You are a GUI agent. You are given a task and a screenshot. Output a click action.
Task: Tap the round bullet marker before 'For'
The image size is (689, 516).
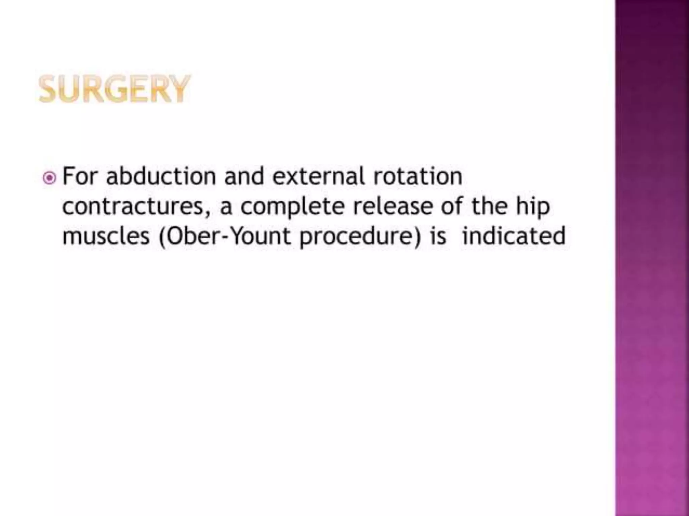[x=49, y=178]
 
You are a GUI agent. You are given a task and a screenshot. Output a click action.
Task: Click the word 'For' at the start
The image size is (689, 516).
[x=80, y=176]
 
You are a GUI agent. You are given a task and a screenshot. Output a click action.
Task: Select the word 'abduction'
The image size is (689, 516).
[x=161, y=176]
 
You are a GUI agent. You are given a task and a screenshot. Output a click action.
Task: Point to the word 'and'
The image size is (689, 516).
[x=244, y=176]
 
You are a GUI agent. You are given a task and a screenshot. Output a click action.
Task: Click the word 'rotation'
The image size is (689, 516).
[x=418, y=176]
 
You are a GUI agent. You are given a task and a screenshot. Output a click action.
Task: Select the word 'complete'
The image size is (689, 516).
[x=292, y=207]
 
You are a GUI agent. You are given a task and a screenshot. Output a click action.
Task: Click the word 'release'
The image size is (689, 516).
[x=393, y=206]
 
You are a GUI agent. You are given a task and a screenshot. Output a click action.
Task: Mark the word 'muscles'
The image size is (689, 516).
[x=106, y=236]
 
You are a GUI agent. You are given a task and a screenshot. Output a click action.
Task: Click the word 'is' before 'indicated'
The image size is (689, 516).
[x=439, y=236]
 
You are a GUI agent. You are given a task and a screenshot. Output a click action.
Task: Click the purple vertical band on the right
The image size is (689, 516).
[x=652, y=258]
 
